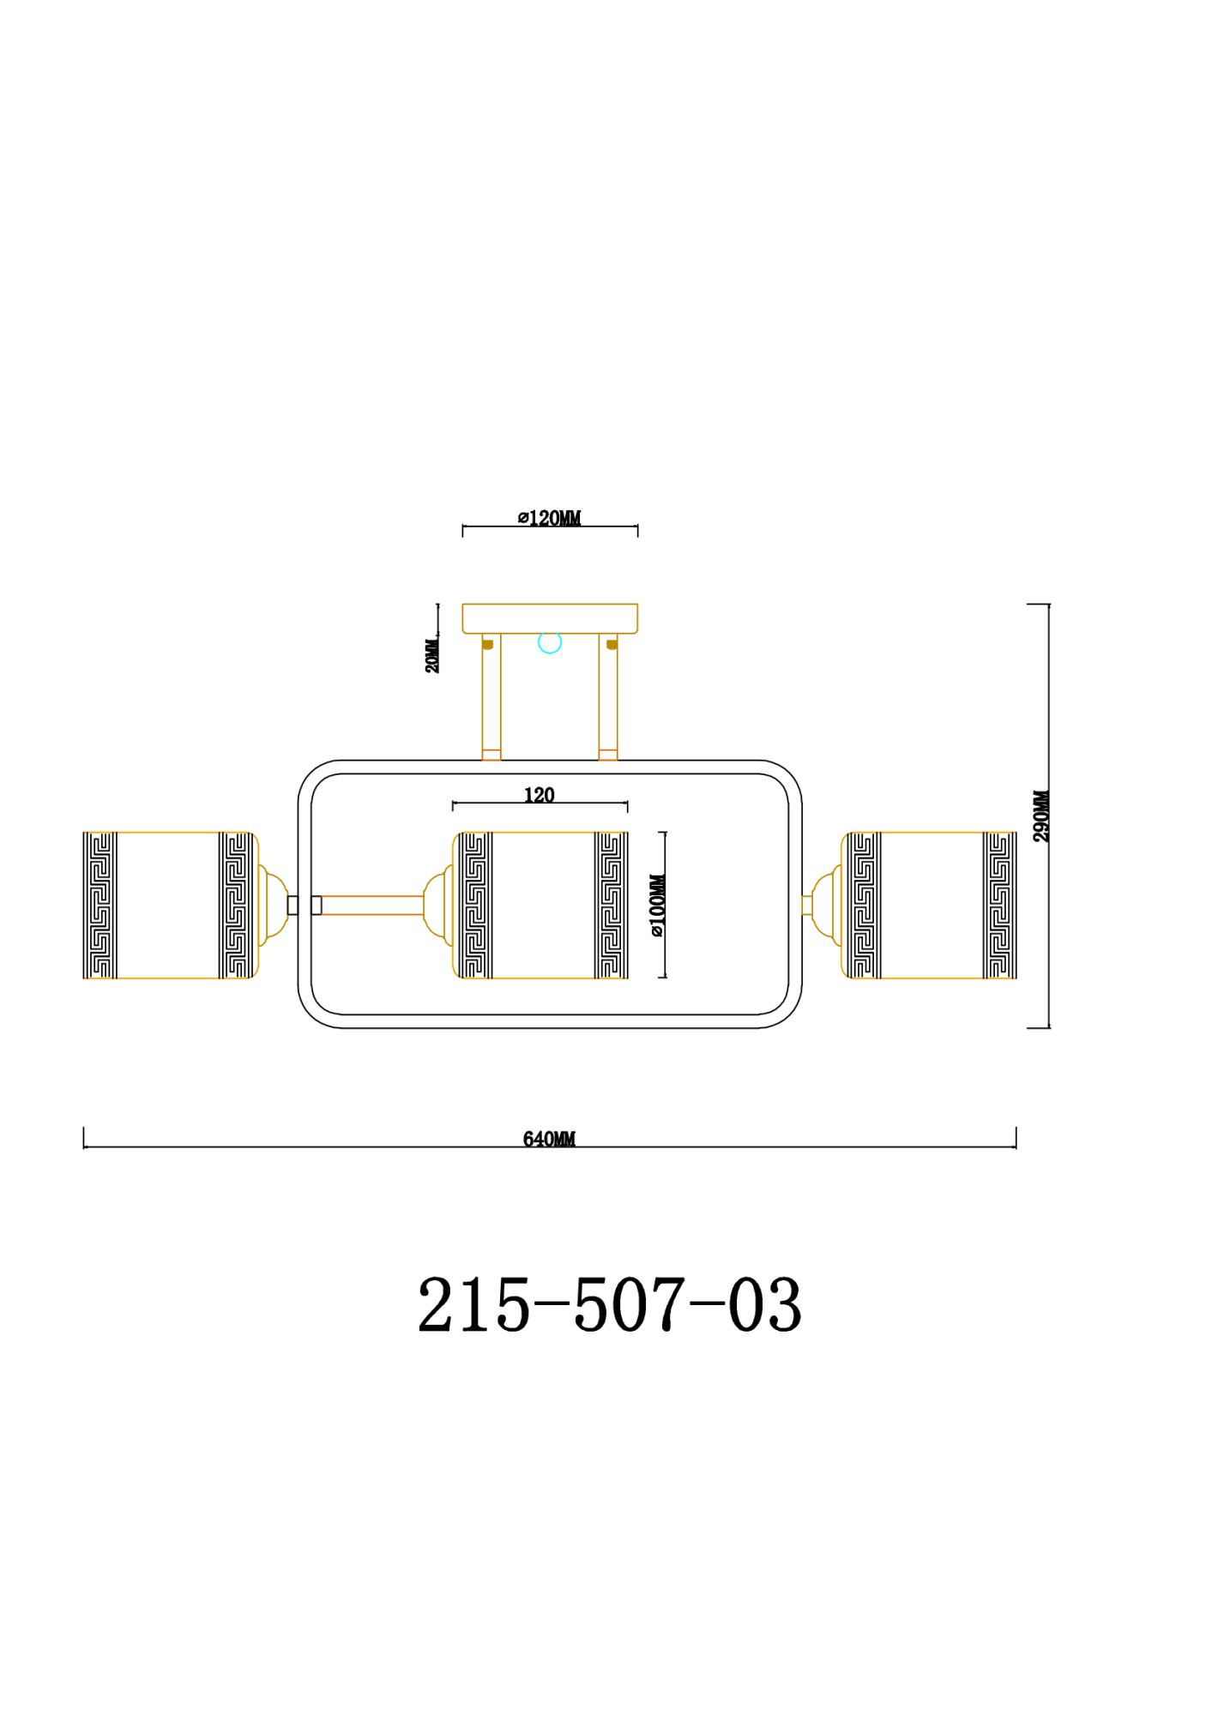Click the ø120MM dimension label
click(x=549, y=518)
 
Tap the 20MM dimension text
click(x=431, y=656)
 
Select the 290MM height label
click(x=1040, y=816)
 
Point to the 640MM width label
click(x=549, y=1139)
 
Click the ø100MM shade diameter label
click(x=657, y=906)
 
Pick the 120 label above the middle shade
click(x=540, y=795)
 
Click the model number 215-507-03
click(x=609, y=1304)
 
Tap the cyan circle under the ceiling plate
click(x=550, y=641)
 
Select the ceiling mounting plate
click(x=550, y=618)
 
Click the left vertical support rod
click(x=491, y=697)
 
